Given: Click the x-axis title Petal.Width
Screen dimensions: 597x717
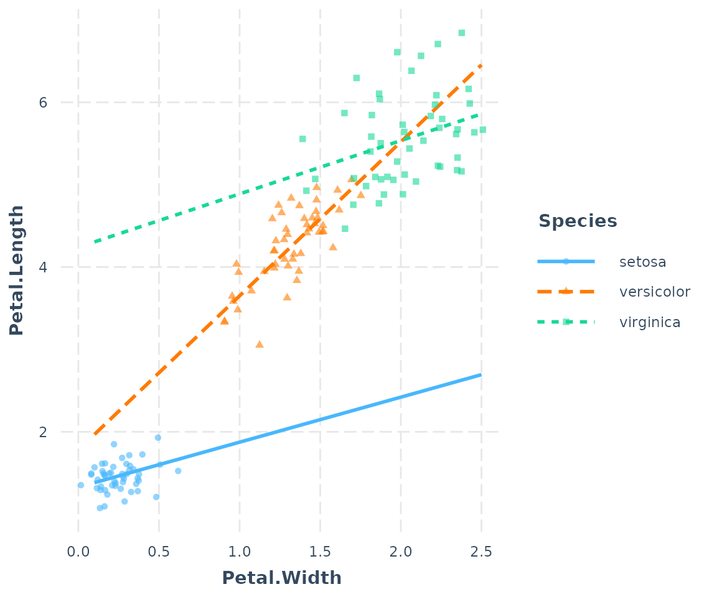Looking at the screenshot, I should (x=281, y=578).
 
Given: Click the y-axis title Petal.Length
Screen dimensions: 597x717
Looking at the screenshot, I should (x=17, y=270).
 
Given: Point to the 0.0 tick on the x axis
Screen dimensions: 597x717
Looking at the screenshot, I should (x=78, y=552).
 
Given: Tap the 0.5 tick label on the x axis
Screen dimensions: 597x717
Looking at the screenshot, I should (x=159, y=552).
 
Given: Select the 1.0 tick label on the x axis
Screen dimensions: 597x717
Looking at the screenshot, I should (x=240, y=552).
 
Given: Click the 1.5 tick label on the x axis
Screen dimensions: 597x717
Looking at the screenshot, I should (x=320, y=552).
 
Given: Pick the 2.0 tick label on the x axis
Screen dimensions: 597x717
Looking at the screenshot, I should (x=401, y=552).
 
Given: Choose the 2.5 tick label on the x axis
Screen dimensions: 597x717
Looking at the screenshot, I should (x=481, y=552).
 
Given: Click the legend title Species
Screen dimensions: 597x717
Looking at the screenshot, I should (x=578, y=221).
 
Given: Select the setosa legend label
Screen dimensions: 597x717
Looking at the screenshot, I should (x=642, y=262).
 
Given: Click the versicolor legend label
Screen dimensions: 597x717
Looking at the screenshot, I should (x=655, y=292).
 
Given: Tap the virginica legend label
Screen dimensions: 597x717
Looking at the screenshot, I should (x=650, y=322).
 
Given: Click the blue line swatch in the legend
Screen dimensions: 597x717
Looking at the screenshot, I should (x=566, y=261).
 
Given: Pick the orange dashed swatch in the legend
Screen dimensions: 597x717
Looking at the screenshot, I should (x=566, y=291).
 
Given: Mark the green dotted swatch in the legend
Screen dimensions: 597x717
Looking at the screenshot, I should (x=566, y=322).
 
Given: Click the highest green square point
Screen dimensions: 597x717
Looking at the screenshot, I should (x=461, y=33).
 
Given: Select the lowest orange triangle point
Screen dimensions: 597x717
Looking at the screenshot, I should (x=260, y=344).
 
